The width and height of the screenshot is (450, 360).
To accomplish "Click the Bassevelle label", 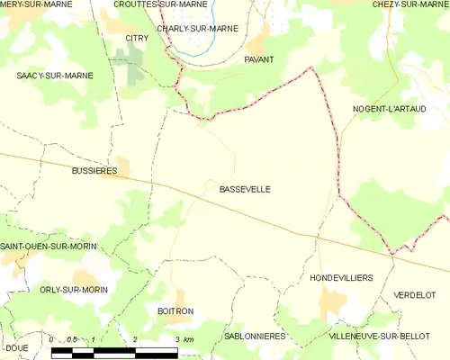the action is click(x=244, y=189).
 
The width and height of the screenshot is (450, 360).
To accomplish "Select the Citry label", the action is click(x=137, y=38).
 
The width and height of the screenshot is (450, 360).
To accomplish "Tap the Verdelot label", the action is click(x=414, y=294).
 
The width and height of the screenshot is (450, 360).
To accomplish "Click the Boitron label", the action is click(x=175, y=310).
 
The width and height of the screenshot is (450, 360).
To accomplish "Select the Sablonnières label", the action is click(x=255, y=336).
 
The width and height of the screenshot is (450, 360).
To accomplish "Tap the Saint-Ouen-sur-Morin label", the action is click(x=49, y=246).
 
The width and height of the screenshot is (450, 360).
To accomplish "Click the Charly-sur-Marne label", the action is click(x=197, y=29).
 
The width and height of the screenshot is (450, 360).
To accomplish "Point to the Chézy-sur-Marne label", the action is click(x=410, y=4).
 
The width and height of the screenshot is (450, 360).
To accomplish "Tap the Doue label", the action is click(x=16, y=347).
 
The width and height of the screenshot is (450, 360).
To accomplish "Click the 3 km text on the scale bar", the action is click(x=184, y=339).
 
